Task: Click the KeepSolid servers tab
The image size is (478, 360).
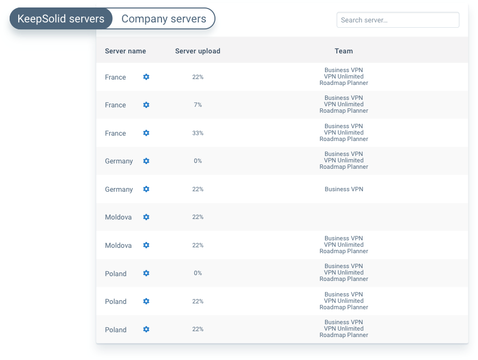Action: point(61,19)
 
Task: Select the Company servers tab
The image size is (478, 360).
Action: point(164,19)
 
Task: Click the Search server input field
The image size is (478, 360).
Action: point(398,20)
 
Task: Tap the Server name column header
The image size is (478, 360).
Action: point(125,51)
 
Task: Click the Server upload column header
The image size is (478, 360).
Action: point(198,51)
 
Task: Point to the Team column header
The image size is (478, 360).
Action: point(344,51)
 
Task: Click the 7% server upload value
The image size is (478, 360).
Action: point(198,105)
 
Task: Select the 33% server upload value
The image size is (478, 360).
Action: point(198,133)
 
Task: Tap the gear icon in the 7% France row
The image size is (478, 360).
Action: point(146,105)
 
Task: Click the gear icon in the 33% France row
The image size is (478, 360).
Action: point(146,133)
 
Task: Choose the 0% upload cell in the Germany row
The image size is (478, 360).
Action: point(198,161)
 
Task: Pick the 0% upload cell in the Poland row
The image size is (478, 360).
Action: point(198,273)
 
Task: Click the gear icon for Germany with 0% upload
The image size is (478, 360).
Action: point(146,161)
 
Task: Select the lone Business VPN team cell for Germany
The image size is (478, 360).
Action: point(344,189)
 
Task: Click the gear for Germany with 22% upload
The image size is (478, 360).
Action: point(146,189)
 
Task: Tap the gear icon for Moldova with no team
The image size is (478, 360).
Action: point(146,217)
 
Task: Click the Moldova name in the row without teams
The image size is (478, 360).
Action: point(118,217)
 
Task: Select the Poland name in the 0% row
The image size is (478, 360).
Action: point(115,273)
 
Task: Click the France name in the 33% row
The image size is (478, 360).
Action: point(115,133)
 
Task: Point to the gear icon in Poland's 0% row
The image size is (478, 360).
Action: point(146,273)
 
